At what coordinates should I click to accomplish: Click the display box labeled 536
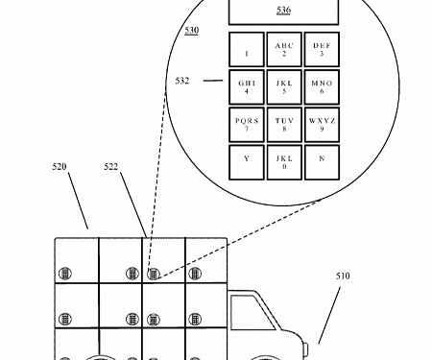point(283,11)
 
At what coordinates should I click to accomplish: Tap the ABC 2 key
point(283,50)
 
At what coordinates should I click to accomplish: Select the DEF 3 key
point(322,50)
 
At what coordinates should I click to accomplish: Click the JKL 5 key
point(283,87)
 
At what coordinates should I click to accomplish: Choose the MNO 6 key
point(322,87)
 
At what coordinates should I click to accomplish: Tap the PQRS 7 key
point(246,125)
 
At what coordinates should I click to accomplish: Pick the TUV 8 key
point(283,125)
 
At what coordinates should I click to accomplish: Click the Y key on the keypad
point(246,160)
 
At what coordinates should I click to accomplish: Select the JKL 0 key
point(283,160)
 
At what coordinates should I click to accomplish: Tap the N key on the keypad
point(322,160)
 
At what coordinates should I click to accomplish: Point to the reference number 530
point(192,32)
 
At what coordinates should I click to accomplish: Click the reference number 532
point(182,83)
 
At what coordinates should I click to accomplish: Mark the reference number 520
point(60,166)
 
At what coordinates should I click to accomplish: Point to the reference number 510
point(343,276)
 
